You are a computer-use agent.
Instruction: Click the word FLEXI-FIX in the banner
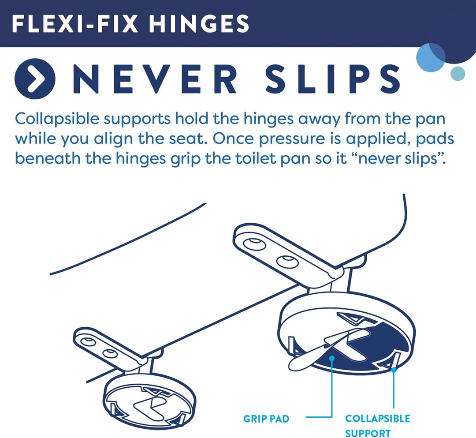[x=74, y=24]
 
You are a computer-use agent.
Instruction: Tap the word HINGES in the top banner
[x=199, y=24]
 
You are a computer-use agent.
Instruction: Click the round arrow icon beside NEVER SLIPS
[x=35, y=78]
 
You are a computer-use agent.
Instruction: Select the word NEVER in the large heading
[x=155, y=78]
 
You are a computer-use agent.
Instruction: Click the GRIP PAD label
[x=266, y=419]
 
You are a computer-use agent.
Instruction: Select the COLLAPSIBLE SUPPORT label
[x=378, y=426]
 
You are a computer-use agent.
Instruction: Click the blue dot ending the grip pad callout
[x=332, y=359]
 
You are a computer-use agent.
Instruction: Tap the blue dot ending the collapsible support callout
[x=394, y=370]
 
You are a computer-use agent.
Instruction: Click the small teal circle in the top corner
[x=457, y=74]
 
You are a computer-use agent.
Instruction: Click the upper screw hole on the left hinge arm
[x=88, y=341]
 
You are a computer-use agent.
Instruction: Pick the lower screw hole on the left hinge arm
[x=110, y=354]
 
